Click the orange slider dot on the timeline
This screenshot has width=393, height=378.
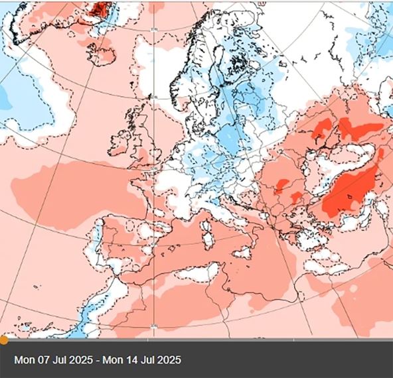coord(3,340)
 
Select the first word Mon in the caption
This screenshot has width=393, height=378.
coord(23,360)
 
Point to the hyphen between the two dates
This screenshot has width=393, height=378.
coord(96,360)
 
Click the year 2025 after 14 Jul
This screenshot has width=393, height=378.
coord(169,360)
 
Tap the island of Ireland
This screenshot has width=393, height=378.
coord(119,143)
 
